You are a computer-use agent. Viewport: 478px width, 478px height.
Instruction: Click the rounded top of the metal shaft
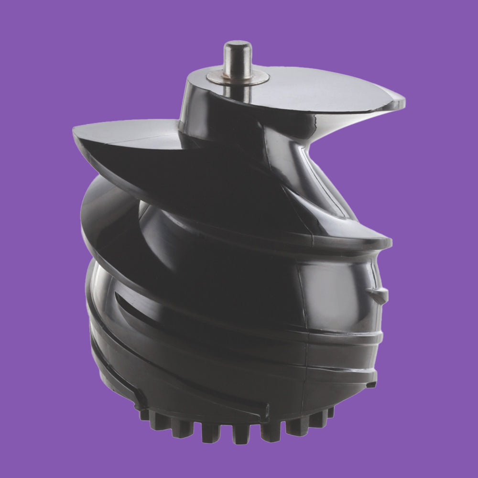[x=238, y=46]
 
